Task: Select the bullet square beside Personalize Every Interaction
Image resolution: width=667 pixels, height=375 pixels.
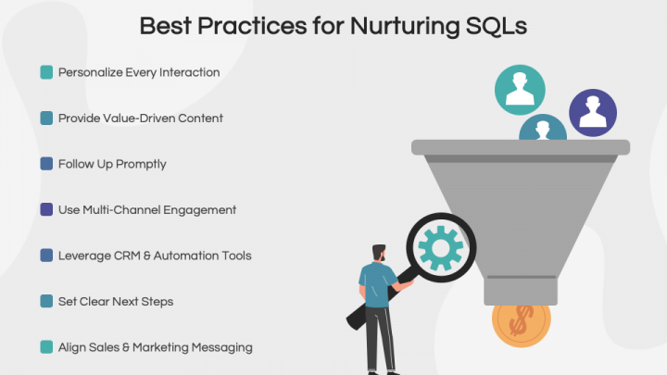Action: tap(46, 71)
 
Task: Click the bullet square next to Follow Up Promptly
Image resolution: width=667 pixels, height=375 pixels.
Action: tap(46, 164)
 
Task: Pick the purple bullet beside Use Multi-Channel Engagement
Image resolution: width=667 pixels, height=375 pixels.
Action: tap(46, 209)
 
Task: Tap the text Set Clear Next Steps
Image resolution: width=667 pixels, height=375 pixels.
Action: tap(115, 301)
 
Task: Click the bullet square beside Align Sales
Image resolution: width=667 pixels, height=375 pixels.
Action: tap(46, 347)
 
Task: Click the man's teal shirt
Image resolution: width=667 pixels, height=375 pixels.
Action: tap(375, 283)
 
